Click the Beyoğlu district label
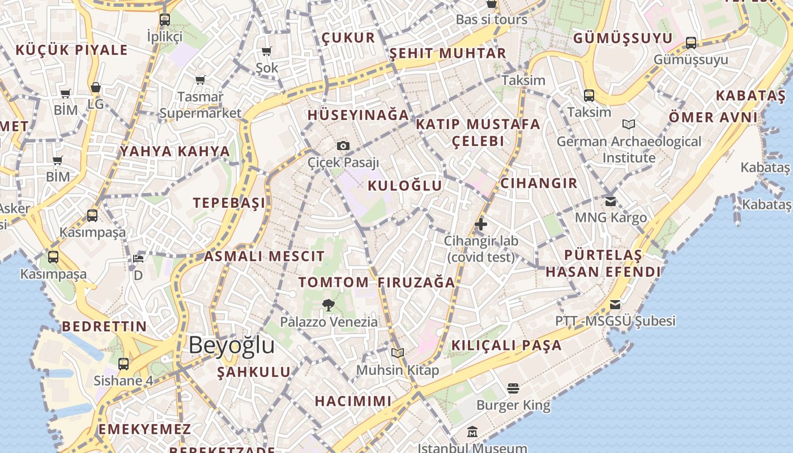[x=231, y=345]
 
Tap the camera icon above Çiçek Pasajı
[x=343, y=146]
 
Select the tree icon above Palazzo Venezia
[x=329, y=306]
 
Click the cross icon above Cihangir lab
[x=481, y=224]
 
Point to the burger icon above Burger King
[x=513, y=388]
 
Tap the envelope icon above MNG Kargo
[x=611, y=201]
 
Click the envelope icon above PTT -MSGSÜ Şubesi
[x=615, y=305]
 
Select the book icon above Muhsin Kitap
[x=398, y=353]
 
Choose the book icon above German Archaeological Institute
[x=629, y=124]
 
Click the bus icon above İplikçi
[x=165, y=20]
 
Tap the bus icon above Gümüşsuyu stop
[x=691, y=42]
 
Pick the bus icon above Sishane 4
[x=123, y=364]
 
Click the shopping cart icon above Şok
[x=267, y=51]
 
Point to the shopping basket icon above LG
[x=96, y=87]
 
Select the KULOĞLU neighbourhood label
[x=404, y=186]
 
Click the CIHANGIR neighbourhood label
[x=539, y=183]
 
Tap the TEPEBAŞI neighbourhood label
[x=229, y=203]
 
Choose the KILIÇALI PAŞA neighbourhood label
[x=506, y=345]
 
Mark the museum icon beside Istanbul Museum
[x=472, y=433]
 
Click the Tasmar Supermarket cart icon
[x=200, y=80]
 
